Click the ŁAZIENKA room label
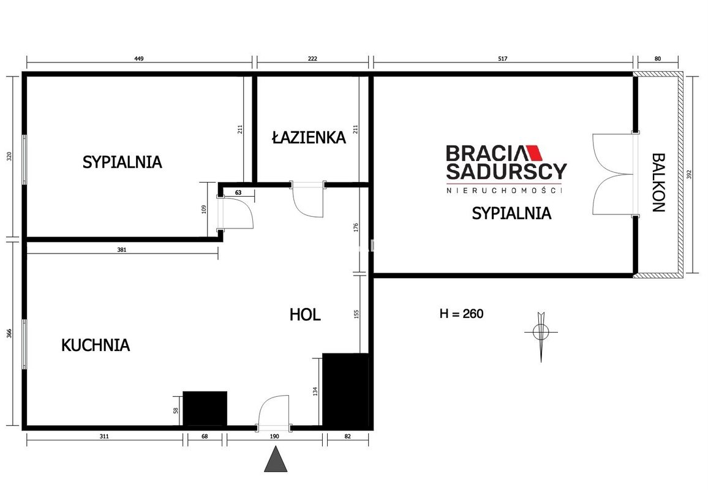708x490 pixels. (x=309, y=137)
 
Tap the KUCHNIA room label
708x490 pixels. (x=96, y=345)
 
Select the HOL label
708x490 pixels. (x=305, y=314)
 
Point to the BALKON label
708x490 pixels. (x=658, y=183)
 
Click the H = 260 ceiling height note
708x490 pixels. (x=461, y=314)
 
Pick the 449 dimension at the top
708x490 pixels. (x=139, y=59)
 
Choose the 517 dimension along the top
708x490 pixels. (x=503, y=59)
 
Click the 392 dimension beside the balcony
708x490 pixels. (x=689, y=175)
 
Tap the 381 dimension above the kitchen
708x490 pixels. (x=122, y=249)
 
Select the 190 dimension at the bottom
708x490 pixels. (x=274, y=436)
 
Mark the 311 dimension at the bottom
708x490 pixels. (x=104, y=436)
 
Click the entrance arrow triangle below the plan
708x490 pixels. (x=276, y=460)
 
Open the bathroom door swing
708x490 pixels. (x=308, y=200)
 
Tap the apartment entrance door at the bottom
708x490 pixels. (x=274, y=412)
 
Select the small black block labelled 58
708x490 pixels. (x=205, y=409)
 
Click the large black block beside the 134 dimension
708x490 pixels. (x=345, y=390)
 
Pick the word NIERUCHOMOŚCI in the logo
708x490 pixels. (x=505, y=190)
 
